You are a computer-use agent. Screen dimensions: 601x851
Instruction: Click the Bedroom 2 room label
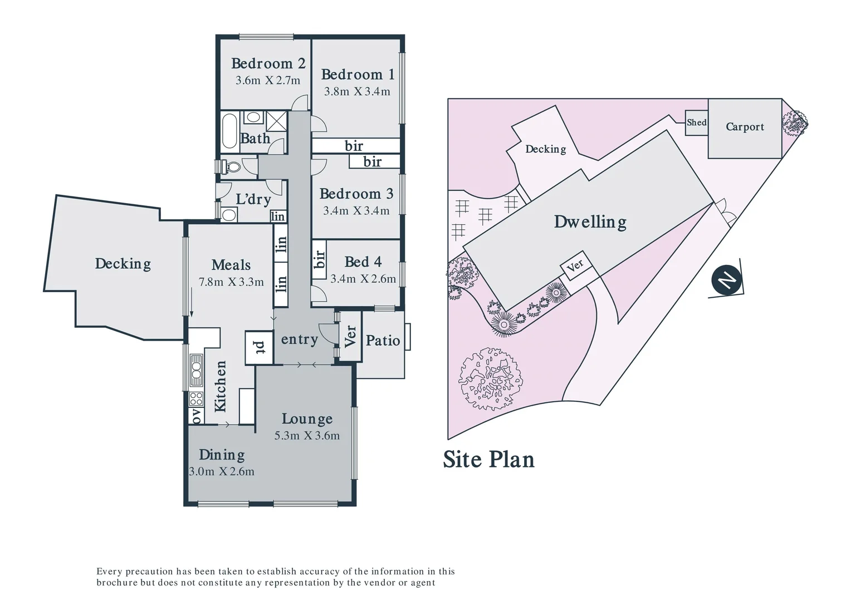(268, 63)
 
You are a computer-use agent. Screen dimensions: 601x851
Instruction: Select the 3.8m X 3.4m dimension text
(357, 92)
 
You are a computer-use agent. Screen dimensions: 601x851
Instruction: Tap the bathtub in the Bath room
(229, 131)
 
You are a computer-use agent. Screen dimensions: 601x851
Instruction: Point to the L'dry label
(253, 199)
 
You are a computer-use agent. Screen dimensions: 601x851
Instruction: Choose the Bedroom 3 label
(356, 194)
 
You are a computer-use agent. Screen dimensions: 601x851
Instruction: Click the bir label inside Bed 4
(319, 258)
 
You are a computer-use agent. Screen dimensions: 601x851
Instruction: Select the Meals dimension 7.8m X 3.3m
(231, 282)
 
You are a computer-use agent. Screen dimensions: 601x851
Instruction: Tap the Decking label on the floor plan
(123, 263)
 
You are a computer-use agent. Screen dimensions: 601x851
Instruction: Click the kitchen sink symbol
(195, 370)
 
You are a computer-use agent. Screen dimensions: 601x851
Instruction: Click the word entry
(299, 339)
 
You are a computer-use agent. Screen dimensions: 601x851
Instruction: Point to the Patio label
(383, 341)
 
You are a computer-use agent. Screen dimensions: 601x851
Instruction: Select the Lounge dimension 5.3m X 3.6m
(307, 436)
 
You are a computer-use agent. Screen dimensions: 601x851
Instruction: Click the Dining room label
(222, 455)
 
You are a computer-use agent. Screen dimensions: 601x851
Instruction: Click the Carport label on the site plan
(745, 127)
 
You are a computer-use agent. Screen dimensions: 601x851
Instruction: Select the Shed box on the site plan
(696, 122)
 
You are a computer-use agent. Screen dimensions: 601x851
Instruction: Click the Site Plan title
(488, 460)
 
